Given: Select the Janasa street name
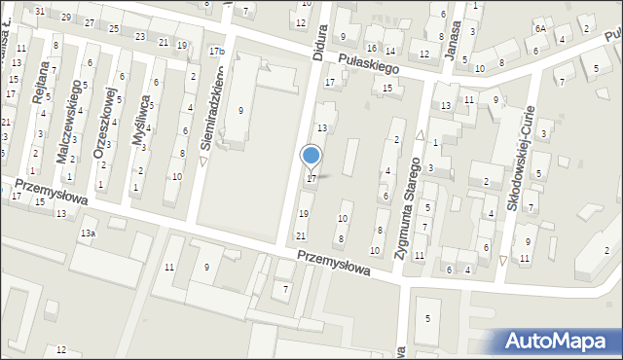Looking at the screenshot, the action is pos(451,39).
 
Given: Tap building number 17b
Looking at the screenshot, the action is pos(216,51).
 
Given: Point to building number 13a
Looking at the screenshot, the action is pos(89,234).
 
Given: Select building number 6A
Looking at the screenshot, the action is pos(539,29).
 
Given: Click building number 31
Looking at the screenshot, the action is pos(40,11).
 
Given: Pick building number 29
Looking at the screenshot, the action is pos(65,18).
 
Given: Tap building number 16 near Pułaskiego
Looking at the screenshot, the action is pos(372,48).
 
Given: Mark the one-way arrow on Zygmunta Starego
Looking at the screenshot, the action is pos(420,136).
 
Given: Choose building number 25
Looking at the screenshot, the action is pos(114,29).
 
